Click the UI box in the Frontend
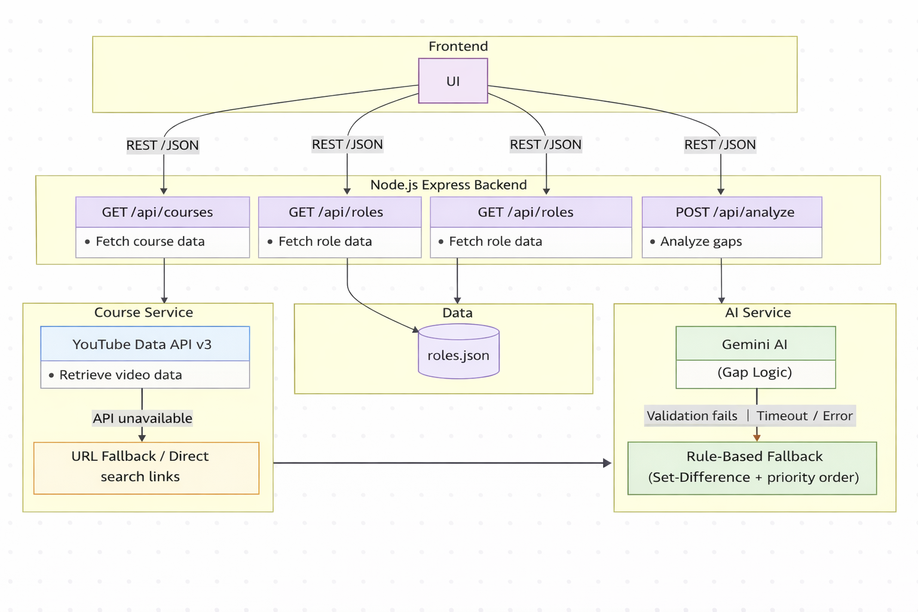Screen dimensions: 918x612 pyautogui.click(x=453, y=81)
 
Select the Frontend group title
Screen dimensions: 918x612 pyautogui.click(x=458, y=47)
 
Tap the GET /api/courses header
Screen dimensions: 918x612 pyautogui.click(x=163, y=212)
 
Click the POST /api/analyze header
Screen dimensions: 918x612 pyautogui.click(x=732, y=212)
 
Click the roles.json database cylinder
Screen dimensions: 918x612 pyautogui.click(x=458, y=351)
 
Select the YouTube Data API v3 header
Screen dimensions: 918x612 pyautogui.click(x=145, y=344)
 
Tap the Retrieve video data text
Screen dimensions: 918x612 pyautogui.click(x=121, y=375)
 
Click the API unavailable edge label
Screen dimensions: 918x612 pyautogui.click(x=142, y=418)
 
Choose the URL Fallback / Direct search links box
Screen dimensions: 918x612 pyautogui.click(x=146, y=468)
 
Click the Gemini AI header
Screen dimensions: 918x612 pyautogui.click(x=755, y=344)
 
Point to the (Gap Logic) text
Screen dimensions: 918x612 pyautogui.click(x=754, y=372)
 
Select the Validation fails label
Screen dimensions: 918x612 pyautogui.click(x=691, y=416)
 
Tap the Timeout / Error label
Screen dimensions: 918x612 pyautogui.click(x=804, y=416)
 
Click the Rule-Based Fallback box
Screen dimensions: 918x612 pyautogui.click(x=752, y=468)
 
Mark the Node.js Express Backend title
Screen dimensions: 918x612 pyautogui.click(x=448, y=185)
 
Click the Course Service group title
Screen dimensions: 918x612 pyautogui.click(x=143, y=313)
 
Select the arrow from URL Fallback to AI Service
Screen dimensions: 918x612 pyautogui.click(x=443, y=463)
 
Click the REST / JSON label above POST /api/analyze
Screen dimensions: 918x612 pyautogui.click(x=720, y=145)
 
